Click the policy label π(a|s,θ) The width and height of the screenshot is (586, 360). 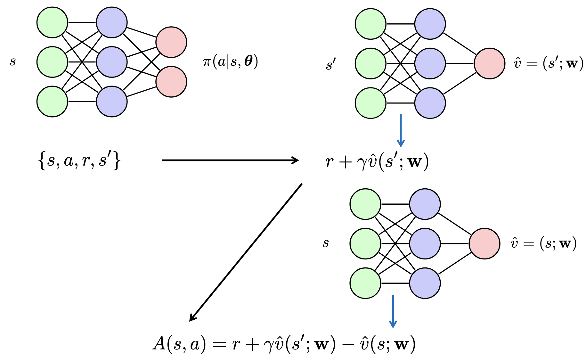tap(230, 61)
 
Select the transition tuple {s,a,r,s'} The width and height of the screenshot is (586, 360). tap(79, 161)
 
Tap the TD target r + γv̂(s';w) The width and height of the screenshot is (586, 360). tap(377, 161)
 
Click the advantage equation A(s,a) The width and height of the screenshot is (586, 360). tap(284, 344)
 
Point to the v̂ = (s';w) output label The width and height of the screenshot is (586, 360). tap(548, 63)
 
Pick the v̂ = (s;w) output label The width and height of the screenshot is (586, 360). tap(543, 243)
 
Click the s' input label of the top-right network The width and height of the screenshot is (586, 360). tap(330, 65)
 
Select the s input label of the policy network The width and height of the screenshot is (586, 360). tap(12, 61)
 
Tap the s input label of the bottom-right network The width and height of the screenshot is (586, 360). tap(326, 243)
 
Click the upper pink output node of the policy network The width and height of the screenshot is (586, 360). tap(171, 42)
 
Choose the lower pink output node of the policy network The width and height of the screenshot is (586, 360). tap(171, 82)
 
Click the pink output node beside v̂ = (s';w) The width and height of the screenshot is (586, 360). tap(489, 63)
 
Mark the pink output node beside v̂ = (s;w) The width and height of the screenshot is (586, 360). tap(484, 243)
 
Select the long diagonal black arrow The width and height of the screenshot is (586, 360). tap(246, 252)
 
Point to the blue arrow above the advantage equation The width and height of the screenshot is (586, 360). tap(393, 311)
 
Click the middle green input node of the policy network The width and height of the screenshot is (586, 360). tap(52, 62)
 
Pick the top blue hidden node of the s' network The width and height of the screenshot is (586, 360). tap(430, 24)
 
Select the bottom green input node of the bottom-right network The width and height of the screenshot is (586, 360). tap(365, 283)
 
